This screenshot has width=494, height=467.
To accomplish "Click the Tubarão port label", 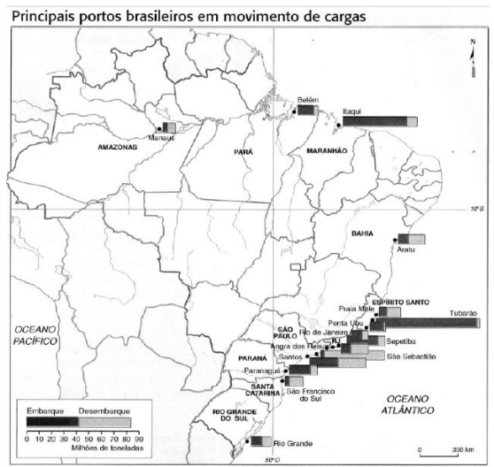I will point(463,313).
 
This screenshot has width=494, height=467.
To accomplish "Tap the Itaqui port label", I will point(352,112).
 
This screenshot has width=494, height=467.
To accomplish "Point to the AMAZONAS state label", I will point(118,148).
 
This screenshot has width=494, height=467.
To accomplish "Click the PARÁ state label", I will point(243,152).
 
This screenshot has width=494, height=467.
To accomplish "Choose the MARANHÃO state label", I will point(326,151).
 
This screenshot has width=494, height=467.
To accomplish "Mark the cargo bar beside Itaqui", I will point(377,121).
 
